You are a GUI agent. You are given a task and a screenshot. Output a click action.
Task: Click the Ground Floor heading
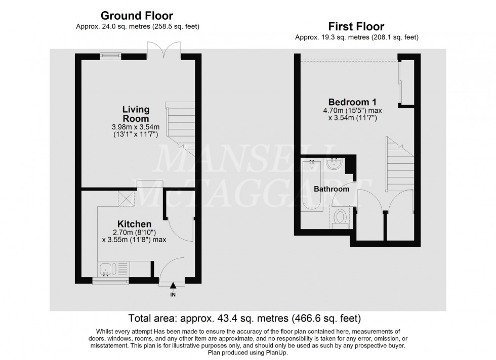(137, 16)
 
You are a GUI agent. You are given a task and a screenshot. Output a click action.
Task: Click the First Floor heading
(356, 26)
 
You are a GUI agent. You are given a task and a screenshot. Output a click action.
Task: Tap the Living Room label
(136, 113)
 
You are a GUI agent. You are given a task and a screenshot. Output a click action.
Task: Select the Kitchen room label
(134, 224)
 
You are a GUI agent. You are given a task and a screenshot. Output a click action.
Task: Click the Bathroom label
(332, 189)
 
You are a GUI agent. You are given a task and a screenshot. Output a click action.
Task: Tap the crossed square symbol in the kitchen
(125, 198)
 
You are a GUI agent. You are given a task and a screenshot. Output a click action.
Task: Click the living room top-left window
(107, 56)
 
